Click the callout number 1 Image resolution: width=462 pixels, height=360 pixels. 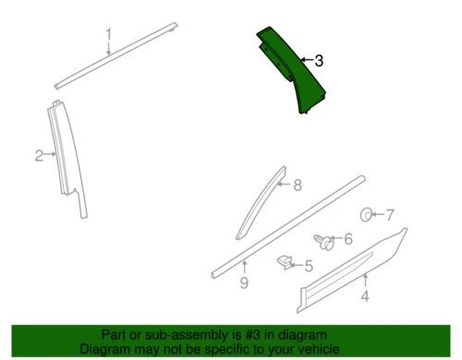[x=108, y=36]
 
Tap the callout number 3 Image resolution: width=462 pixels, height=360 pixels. [x=319, y=62]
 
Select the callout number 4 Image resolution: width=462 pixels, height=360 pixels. [x=364, y=297]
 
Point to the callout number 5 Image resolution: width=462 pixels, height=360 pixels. [x=309, y=267]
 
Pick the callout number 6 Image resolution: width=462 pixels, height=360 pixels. [x=347, y=240]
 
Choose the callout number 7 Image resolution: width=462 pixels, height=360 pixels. [x=389, y=215]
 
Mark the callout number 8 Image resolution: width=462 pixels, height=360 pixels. [x=298, y=186]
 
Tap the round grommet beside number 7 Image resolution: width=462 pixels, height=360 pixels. [x=366, y=215]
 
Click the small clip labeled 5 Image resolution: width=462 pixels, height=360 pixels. [x=286, y=265]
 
